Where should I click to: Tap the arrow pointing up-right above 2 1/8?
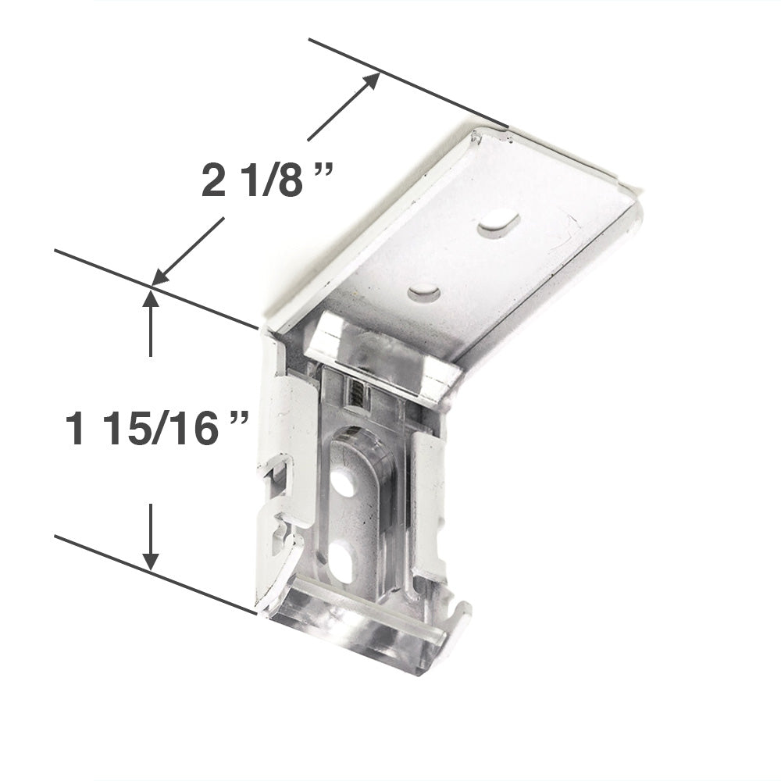344,106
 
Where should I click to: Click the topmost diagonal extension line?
407,82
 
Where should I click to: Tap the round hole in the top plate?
424,293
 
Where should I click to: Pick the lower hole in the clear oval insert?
341,562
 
